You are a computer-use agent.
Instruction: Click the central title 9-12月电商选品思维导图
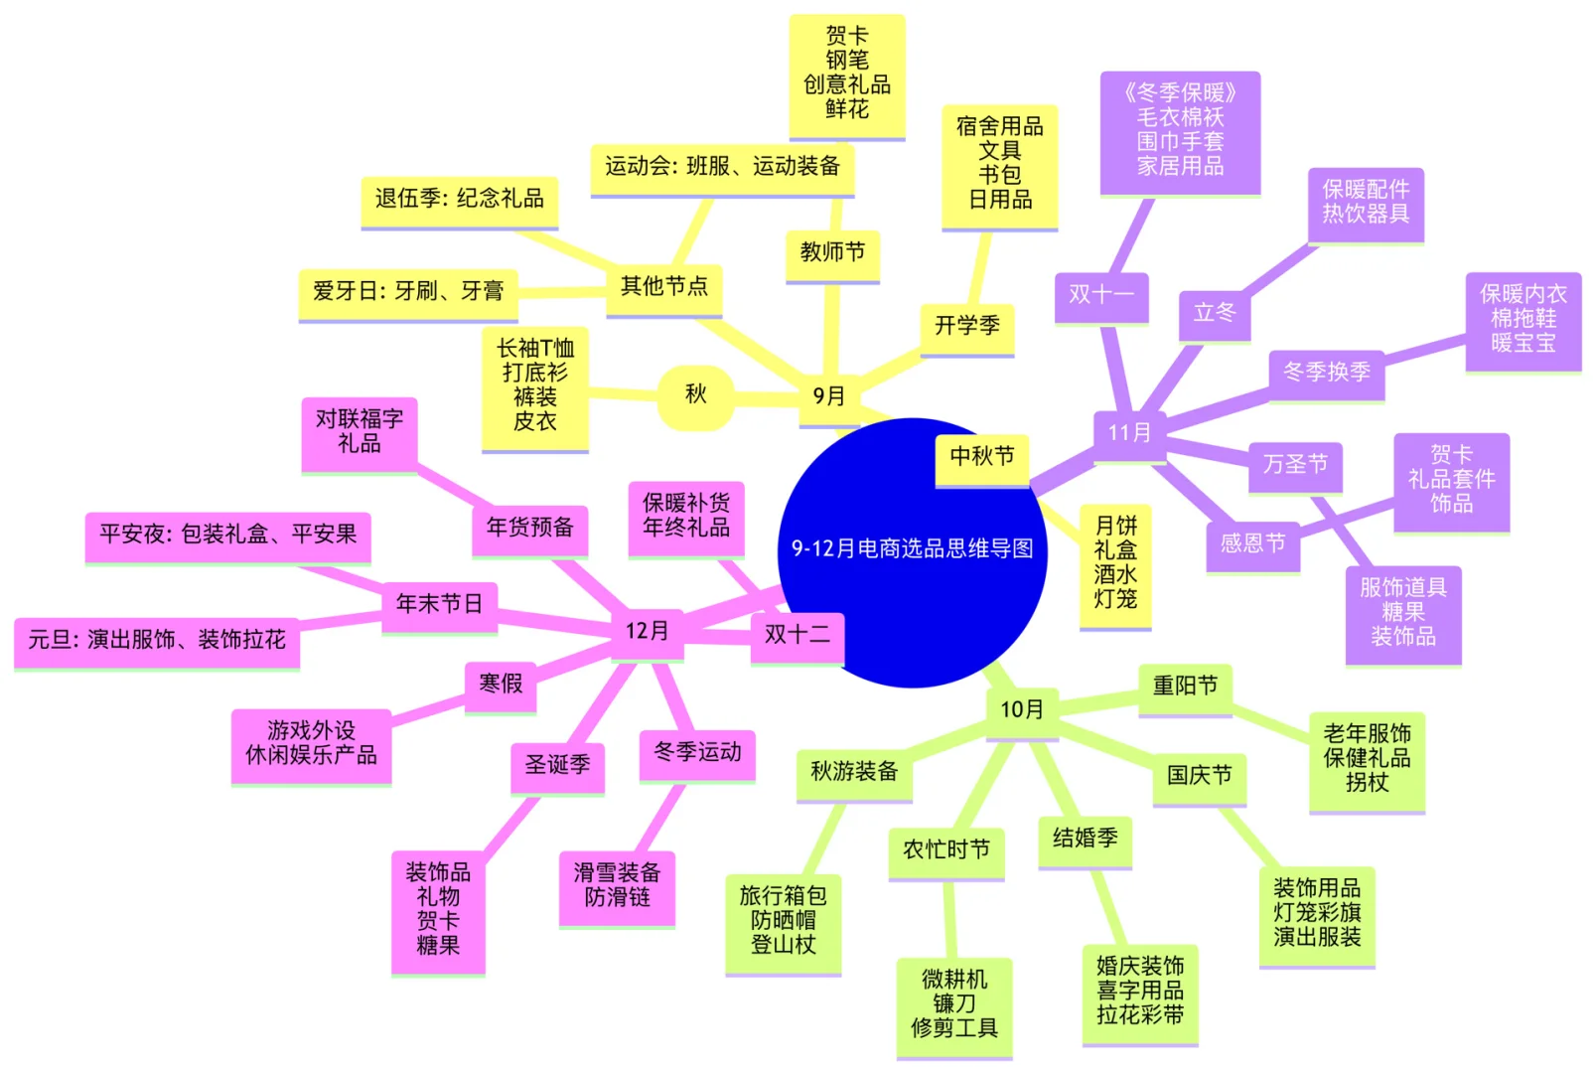(x=912, y=548)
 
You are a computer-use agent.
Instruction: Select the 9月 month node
(x=828, y=396)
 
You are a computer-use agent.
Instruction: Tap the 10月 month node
(x=1021, y=709)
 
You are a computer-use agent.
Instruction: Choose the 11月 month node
(x=1129, y=433)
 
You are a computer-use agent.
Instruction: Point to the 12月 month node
(x=647, y=632)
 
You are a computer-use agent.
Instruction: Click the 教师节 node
(x=832, y=252)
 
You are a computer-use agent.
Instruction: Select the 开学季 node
(x=966, y=326)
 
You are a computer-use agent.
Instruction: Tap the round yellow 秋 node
(x=695, y=394)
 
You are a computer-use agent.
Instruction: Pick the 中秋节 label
(x=981, y=456)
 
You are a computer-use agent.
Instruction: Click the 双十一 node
(x=1101, y=295)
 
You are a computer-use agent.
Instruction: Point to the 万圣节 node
(x=1295, y=464)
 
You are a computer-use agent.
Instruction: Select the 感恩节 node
(x=1252, y=543)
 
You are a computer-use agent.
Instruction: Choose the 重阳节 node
(x=1185, y=686)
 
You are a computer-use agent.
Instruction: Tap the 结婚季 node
(x=1085, y=839)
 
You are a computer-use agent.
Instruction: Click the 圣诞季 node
(x=557, y=765)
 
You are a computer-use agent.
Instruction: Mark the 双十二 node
(x=797, y=635)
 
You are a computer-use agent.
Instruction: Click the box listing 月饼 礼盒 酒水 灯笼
(x=1115, y=562)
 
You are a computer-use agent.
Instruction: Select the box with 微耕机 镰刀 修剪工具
(x=953, y=1003)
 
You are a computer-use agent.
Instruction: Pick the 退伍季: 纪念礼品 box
(x=459, y=199)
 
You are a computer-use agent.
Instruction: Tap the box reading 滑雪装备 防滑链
(x=617, y=885)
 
